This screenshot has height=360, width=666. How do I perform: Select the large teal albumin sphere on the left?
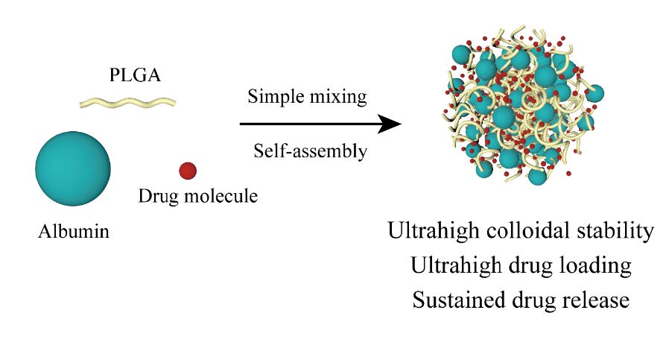click(x=73, y=168)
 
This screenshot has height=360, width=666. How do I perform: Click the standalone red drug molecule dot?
click(x=188, y=171)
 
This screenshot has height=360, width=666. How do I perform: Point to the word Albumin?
click(x=73, y=231)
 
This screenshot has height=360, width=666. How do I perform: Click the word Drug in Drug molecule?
click(x=156, y=197)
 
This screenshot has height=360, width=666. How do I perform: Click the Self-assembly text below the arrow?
click(x=308, y=151)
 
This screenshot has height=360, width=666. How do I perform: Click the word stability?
click(x=615, y=230)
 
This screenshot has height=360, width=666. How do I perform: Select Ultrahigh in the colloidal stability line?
click(x=431, y=230)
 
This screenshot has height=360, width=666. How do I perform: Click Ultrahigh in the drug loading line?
click(x=454, y=265)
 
